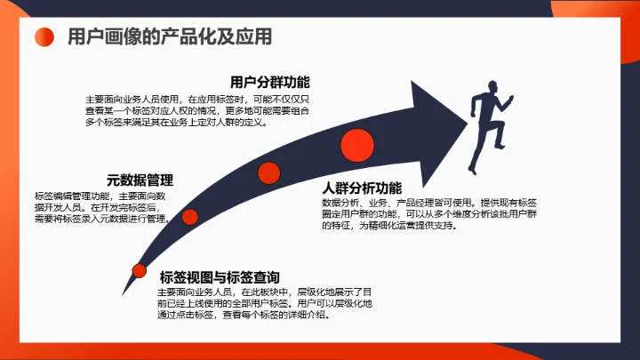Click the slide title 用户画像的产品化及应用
tap(169, 37)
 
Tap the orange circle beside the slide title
tap(45, 37)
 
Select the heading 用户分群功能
tap(269, 83)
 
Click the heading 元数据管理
tap(140, 180)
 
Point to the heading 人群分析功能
tap(362, 188)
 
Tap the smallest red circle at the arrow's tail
tap(139, 270)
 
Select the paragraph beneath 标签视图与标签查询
tap(254, 302)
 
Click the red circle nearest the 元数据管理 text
tap(190, 216)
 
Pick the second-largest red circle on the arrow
tap(268, 172)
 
